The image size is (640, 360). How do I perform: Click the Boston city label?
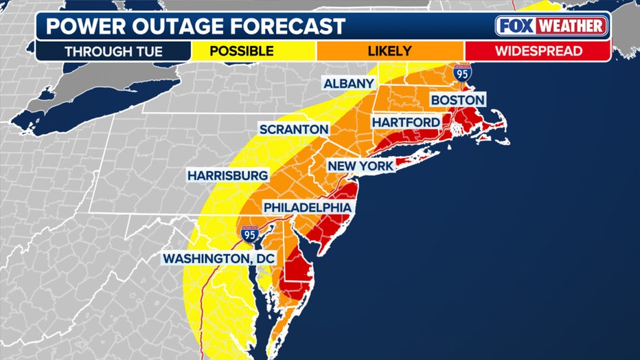click(457, 100)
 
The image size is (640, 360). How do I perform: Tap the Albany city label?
click(350, 84)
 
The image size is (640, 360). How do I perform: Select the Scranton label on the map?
click(294, 129)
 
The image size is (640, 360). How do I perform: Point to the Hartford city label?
click(406, 122)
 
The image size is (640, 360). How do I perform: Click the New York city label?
click(361, 166)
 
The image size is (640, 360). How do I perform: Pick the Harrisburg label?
click(227, 176)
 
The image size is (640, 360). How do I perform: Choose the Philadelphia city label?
click(309, 207)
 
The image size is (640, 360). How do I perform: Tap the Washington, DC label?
click(218, 259)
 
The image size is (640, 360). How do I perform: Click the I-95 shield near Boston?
click(462, 73)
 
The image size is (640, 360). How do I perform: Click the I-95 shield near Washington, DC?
click(249, 234)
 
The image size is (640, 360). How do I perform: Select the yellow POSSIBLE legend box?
click(241, 51)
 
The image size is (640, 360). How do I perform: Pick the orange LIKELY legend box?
click(389, 51)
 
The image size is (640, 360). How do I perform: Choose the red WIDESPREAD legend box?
click(538, 51)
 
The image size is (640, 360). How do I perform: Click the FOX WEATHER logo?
click(551, 26)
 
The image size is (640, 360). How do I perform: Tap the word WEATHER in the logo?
click(571, 26)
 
